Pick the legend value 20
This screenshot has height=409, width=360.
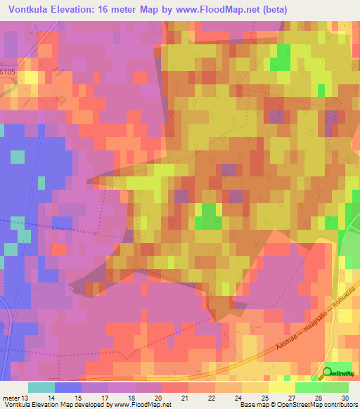point(160,398)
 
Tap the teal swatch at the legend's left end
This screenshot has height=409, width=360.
point(41,387)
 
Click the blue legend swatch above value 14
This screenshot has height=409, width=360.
point(67,387)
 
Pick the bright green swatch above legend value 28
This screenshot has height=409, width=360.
point(308,387)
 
